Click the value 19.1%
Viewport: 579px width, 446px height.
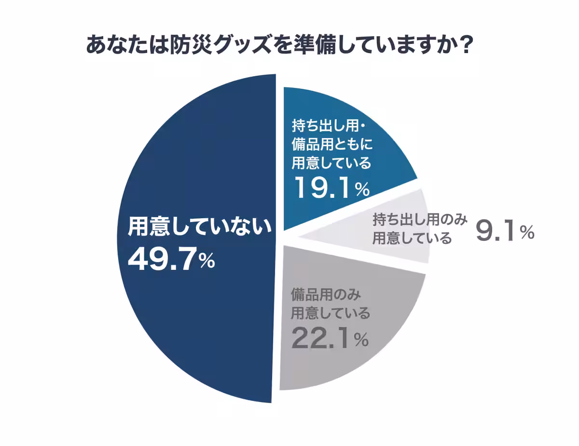tap(331, 188)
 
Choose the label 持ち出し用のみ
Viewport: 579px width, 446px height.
tap(420, 220)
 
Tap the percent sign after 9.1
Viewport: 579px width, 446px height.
tap(526, 234)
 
